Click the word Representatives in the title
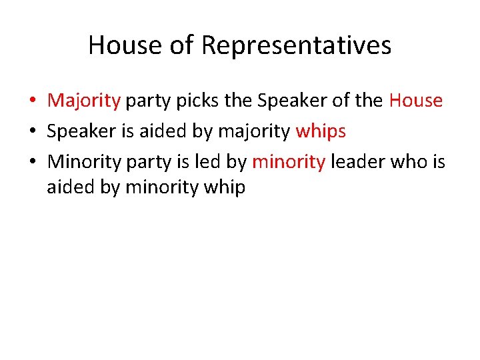pos(296,45)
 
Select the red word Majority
pos(84,101)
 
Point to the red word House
pos(415,101)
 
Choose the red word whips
pos(321,131)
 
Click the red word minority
pos(288,161)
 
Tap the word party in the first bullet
pos(147,101)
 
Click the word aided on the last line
pos(71,188)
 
